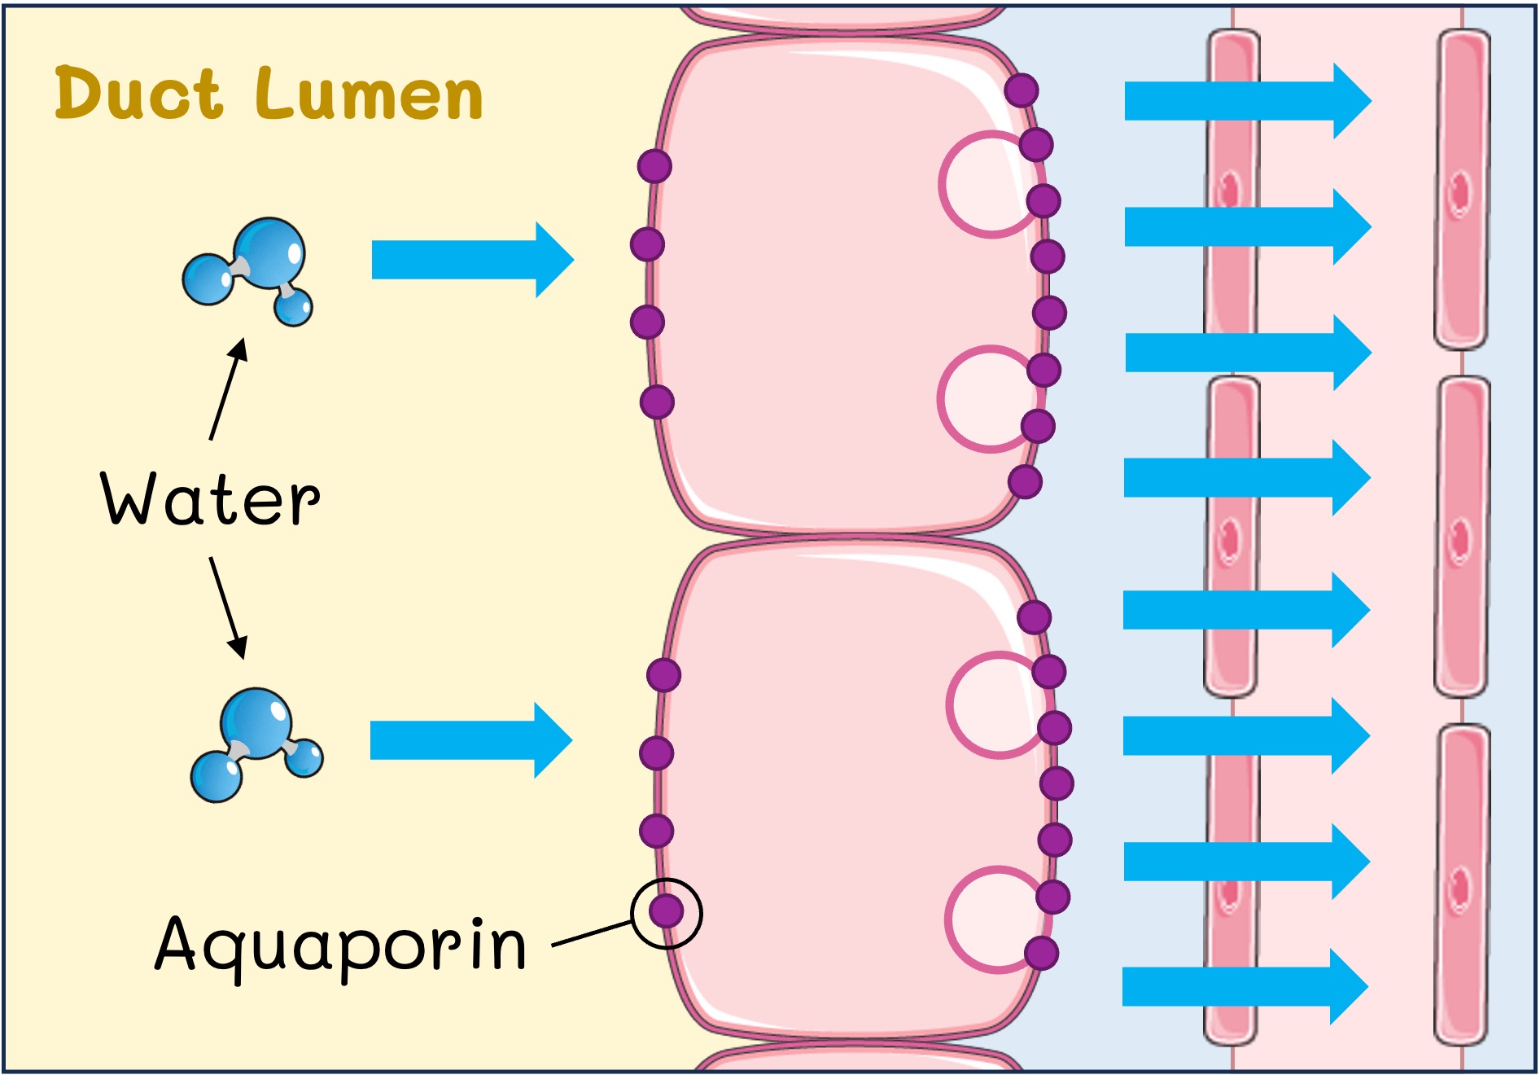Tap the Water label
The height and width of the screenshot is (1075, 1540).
coord(210,498)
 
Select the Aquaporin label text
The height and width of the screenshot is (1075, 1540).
coord(340,945)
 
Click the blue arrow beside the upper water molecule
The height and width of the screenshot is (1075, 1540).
coord(472,260)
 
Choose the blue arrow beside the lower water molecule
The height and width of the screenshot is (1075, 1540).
coord(470,739)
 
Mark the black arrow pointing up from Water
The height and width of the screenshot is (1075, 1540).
coord(228,389)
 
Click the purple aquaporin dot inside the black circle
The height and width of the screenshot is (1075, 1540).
coord(666,910)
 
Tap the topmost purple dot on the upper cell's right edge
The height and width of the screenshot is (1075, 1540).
coord(1021,90)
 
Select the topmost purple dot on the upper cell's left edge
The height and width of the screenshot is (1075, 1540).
coord(654,166)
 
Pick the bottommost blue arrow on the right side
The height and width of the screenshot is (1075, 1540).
coord(1244,986)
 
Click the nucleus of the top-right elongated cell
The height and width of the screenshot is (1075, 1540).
coord(1460,193)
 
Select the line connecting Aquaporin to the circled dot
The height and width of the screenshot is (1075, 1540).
coord(592,934)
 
